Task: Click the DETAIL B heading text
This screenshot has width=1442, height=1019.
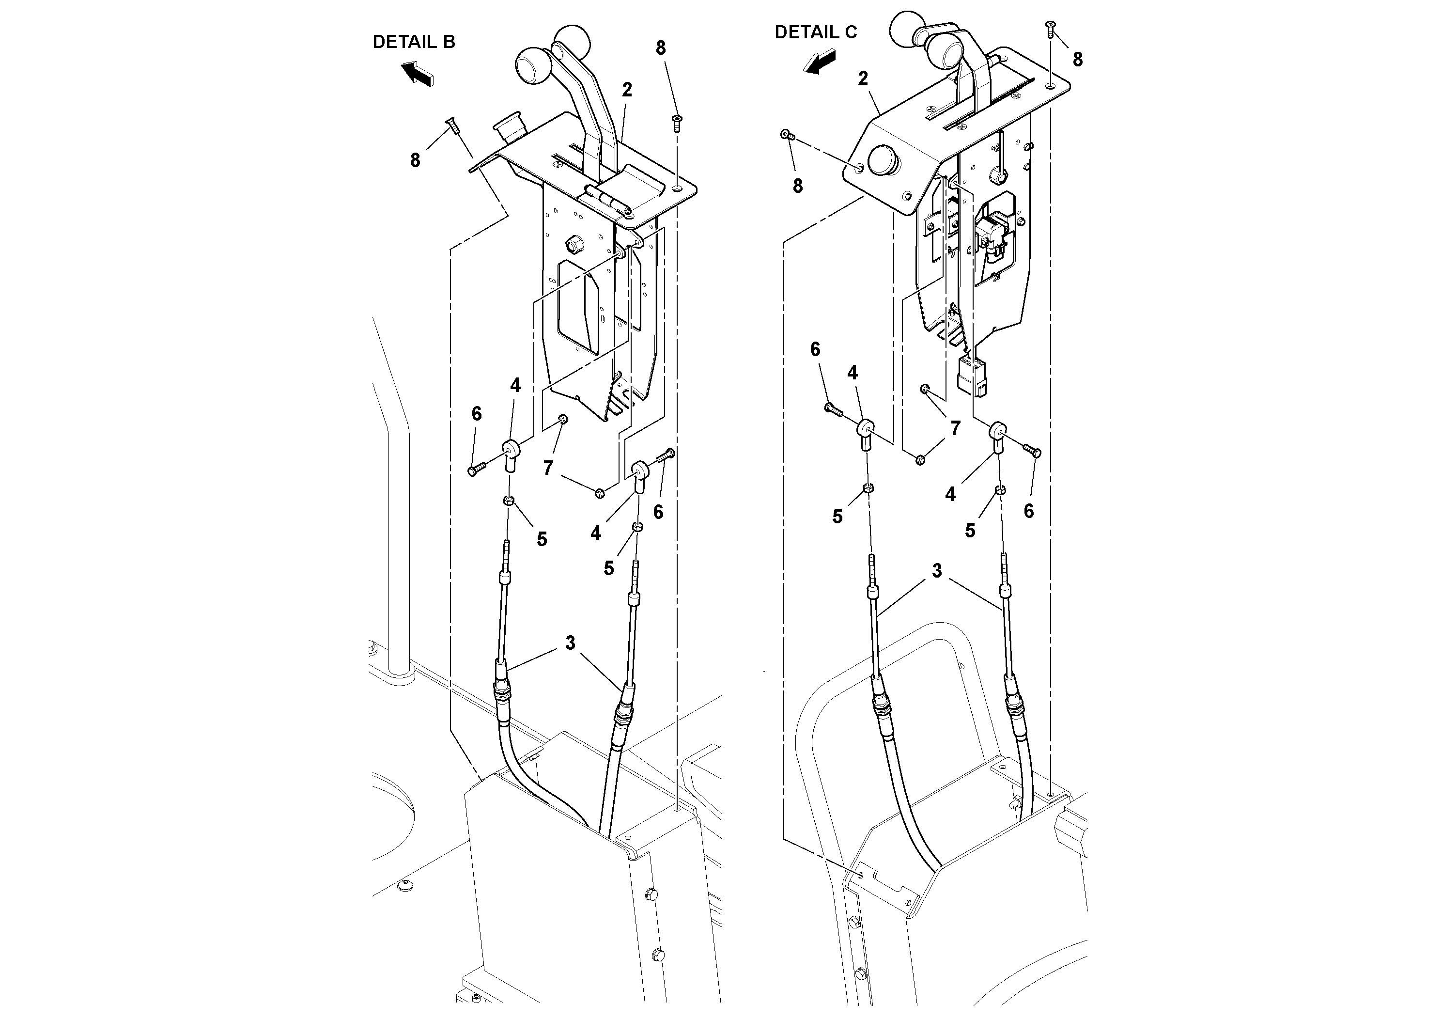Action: (413, 42)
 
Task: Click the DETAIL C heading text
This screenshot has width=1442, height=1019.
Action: (815, 32)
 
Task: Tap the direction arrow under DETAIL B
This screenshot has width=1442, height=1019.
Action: (417, 72)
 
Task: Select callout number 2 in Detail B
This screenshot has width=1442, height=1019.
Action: (627, 90)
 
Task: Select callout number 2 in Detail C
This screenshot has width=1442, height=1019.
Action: (863, 78)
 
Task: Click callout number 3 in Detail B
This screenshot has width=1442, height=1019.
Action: (570, 643)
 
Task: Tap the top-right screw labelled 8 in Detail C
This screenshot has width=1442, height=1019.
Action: (1050, 28)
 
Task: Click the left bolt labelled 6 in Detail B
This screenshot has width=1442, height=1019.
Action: (477, 470)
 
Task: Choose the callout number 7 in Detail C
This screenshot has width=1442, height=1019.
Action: (955, 428)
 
